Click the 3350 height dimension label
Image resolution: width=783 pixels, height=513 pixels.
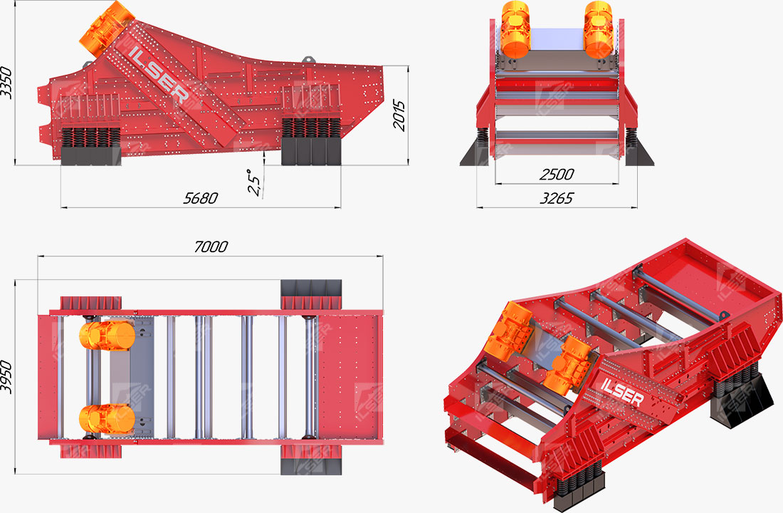click(x=6, y=82)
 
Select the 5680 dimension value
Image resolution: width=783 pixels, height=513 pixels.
click(x=200, y=199)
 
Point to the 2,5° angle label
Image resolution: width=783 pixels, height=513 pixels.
click(x=254, y=182)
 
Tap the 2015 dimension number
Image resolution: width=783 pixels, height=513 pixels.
click(x=399, y=115)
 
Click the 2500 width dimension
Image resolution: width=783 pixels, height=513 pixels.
click(x=557, y=175)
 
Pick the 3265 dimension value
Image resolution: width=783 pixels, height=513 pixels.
click(x=557, y=199)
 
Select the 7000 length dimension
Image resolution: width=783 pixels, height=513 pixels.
click(x=211, y=247)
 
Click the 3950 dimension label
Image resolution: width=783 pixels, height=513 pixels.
click(x=6, y=377)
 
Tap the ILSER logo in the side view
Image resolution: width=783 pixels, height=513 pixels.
click(x=159, y=74)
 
